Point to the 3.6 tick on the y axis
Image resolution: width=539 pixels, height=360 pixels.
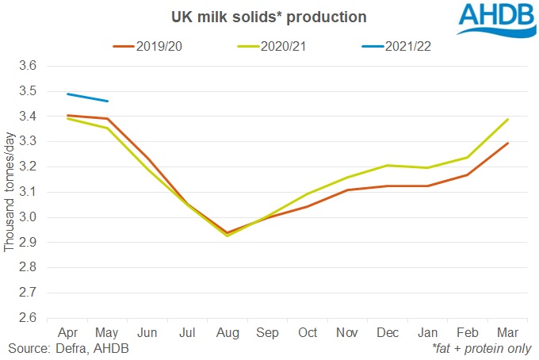28,67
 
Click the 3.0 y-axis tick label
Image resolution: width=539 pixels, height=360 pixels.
28,217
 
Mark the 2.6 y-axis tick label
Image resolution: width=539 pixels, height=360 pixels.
28,318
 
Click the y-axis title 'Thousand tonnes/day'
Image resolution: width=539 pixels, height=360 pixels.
10,193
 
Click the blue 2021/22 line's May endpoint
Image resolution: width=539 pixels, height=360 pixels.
108,101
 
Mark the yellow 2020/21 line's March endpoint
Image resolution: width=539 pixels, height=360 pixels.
507,120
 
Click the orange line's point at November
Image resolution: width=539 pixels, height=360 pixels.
347,190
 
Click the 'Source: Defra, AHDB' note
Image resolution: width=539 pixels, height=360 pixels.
69,349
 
